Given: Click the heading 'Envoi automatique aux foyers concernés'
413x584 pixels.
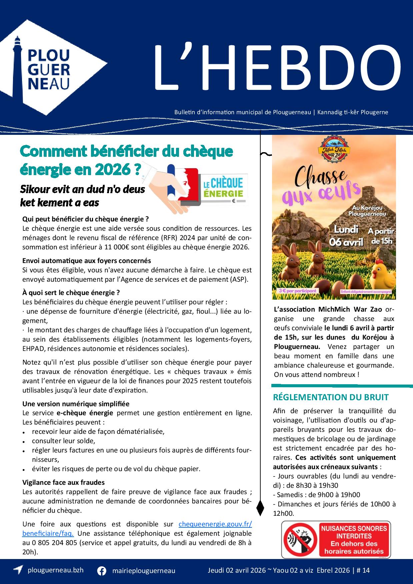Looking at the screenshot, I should click(87, 260).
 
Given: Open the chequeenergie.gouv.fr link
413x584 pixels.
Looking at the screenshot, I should click(215, 524).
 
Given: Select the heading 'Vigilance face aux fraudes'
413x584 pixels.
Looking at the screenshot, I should click(63, 482).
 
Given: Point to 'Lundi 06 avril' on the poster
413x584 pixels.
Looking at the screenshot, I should click(346, 235).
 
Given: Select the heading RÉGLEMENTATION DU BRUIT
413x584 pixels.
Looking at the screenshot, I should click(331, 397).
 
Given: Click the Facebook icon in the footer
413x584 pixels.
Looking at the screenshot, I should click(102, 571).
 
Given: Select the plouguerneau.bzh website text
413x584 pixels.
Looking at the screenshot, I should click(56, 570).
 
